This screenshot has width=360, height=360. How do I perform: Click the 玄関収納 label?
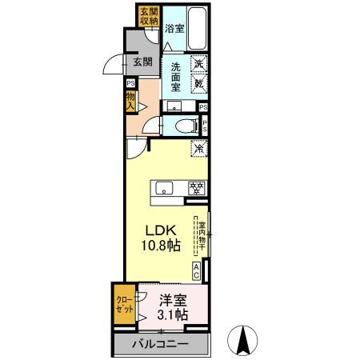click(x=149, y=16)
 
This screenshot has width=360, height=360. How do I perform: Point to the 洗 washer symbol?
click(x=199, y=63)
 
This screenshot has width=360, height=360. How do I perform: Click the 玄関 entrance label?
click(x=142, y=61)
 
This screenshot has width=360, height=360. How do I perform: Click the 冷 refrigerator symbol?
click(x=198, y=148)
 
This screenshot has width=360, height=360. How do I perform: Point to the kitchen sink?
click(x=165, y=189)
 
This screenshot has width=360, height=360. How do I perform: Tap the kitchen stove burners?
click(x=195, y=189)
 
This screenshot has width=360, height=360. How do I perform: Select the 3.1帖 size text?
click(x=172, y=315)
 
